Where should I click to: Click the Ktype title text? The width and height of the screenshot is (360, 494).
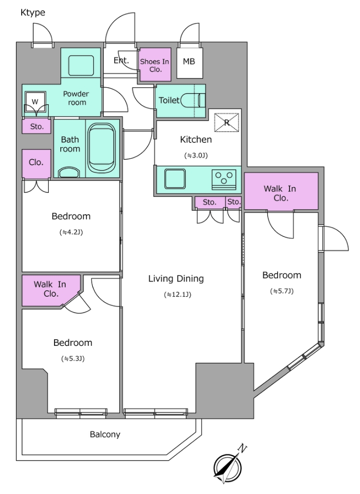(33, 13)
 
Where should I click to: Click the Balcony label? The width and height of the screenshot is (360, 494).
(105, 435)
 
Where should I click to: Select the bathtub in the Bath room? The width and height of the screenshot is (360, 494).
(101, 148)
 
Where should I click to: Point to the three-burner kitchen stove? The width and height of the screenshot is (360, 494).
(224, 180)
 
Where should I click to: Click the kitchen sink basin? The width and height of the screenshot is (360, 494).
(175, 179)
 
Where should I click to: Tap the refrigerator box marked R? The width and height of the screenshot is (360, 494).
(227, 122)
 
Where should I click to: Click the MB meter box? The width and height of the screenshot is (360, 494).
(190, 63)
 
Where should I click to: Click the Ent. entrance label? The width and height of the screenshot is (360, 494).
(121, 60)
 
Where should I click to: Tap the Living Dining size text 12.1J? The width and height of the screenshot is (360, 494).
(178, 295)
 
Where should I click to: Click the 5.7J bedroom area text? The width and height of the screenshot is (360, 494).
(281, 291)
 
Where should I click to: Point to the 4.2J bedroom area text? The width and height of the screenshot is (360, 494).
(71, 233)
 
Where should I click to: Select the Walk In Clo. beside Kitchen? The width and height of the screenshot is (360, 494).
(281, 191)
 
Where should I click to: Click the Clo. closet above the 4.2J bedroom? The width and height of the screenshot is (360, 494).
(36, 163)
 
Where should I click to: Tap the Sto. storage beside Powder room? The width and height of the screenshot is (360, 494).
(36, 126)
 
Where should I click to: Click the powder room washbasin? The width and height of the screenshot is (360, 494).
(81, 66)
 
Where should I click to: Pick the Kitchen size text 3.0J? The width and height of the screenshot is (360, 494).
(196, 155)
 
